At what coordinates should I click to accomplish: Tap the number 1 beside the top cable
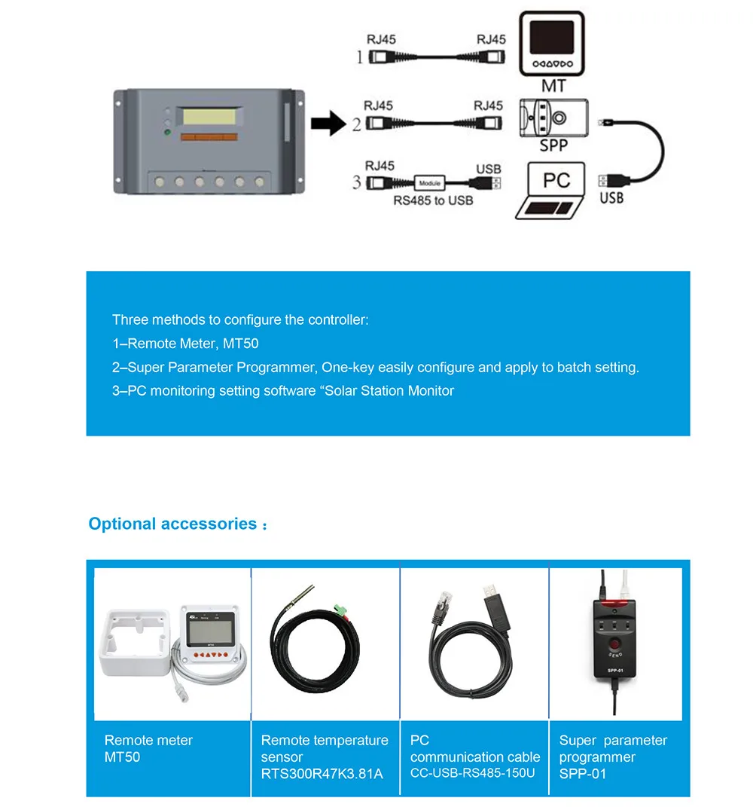tap(359, 57)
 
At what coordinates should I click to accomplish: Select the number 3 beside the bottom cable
tap(357, 182)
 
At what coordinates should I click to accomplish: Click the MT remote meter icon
tap(553, 44)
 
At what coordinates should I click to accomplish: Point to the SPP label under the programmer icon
tap(553, 145)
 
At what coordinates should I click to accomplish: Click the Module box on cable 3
tap(429, 182)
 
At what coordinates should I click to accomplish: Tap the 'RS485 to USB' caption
tap(433, 201)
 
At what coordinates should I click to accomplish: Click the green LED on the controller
tap(168, 133)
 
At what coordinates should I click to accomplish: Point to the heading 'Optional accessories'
tap(172, 524)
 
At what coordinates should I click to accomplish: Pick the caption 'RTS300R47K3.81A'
tap(322, 774)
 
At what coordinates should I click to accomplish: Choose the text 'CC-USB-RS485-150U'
tap(473, 773)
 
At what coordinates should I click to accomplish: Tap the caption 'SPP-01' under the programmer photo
tap(583, 774)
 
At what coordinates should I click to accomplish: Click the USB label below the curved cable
tap(611, 198)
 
